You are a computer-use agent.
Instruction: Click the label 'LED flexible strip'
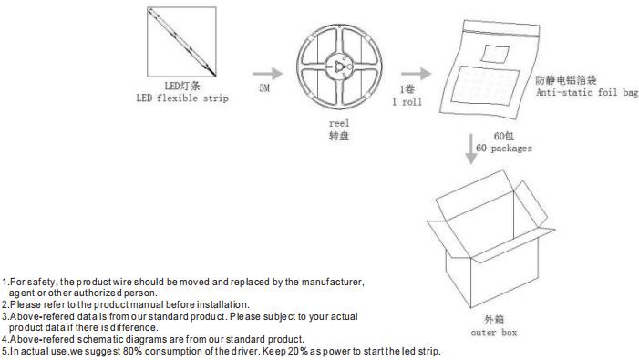point(182,98)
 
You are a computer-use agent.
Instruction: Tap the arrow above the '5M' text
point(267,74)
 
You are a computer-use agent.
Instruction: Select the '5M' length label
point(264,88)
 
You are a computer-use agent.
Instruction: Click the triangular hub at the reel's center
point(339,66)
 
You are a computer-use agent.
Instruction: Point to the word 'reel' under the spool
point(339,123)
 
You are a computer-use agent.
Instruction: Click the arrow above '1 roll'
point(416,74)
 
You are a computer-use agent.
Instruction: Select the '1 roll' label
point(407,102)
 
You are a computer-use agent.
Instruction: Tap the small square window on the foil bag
point(495,54)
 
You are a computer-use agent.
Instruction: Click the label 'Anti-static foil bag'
point(587,92)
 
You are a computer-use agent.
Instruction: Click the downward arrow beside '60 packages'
point(471,149)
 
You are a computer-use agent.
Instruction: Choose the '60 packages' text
point(504,149)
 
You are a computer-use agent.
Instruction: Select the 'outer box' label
point(494,333)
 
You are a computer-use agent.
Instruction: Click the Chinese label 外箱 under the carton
point(494,320)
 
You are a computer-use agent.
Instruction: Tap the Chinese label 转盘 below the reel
point(339,136)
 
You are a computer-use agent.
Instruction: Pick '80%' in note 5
point(132,351)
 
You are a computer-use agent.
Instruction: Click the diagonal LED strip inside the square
point(181,42)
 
